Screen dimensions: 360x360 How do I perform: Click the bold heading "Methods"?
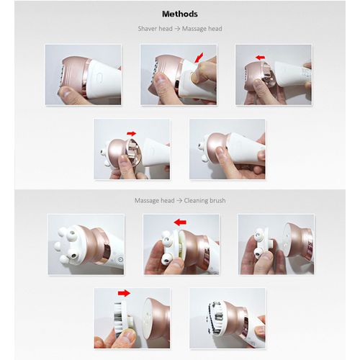coord(180,14)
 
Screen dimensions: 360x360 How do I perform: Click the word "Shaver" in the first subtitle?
coord(146,29)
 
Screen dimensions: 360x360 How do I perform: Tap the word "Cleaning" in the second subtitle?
coord(194,200)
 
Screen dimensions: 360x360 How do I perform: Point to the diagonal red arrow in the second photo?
coord(199,58)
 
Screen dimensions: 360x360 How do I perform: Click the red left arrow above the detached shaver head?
coord(260,58)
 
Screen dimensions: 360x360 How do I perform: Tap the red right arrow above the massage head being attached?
coord(132,133)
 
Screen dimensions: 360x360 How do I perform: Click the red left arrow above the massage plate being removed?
coord(180,222)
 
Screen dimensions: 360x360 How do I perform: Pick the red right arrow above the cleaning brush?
coord(124,293)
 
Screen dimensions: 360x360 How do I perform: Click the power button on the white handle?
coord(120,260)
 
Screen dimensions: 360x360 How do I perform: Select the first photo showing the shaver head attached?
coord(84,75)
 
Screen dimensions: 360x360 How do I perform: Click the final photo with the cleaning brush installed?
coord(228,318)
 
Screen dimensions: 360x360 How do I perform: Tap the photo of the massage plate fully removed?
coord(276,244)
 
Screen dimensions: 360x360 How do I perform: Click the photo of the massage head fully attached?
coord(228,149)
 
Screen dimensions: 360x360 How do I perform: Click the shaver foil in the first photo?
coord(61,76)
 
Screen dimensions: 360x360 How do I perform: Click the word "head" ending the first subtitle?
coord(215,29)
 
